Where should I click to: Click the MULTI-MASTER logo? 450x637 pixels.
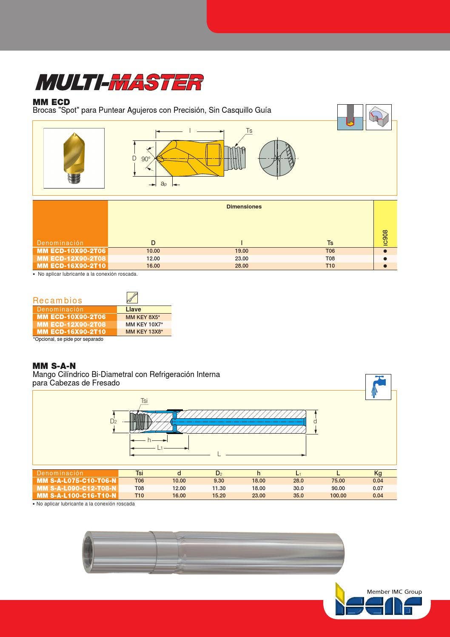coord(119,83)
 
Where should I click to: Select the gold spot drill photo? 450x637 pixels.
coord(74,158)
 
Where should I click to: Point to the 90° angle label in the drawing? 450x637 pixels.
coord(146,159)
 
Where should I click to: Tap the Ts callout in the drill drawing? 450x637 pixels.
coord(249,131)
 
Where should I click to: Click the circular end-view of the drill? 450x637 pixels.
coord(277,158)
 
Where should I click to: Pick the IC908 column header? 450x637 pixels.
coord(385,237)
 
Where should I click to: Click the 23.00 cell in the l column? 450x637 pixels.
coord(242,259)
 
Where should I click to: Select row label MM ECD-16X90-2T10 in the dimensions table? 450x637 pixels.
coord(71,266)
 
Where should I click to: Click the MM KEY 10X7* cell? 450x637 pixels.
coord(144,325)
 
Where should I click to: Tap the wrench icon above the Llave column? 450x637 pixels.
coord(132,298)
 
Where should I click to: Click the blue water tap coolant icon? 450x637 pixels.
coord(378,387)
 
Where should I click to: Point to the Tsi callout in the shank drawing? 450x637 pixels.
coord(144,401)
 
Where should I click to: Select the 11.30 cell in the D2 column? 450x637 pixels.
coord(219,488)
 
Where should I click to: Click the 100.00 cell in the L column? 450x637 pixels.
coord(338,496)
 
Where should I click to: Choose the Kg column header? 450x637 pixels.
coord(378,473)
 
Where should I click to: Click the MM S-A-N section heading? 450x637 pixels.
coord(54,366)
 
